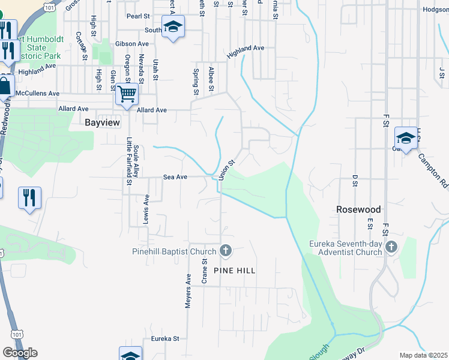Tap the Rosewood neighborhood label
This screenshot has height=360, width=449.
358,209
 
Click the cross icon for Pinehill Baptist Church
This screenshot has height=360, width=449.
226,251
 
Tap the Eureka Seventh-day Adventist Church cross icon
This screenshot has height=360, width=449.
391,247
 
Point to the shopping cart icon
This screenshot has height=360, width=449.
127,94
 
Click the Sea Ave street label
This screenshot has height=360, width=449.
176,177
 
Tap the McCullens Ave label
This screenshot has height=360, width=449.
38,94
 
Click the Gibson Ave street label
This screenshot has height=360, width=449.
133,44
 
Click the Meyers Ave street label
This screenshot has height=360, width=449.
188,291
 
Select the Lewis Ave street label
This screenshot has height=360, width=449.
146,208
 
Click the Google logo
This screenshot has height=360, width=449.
20,353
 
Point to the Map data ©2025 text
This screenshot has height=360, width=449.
423,355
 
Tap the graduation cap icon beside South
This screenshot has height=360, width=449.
173,28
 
